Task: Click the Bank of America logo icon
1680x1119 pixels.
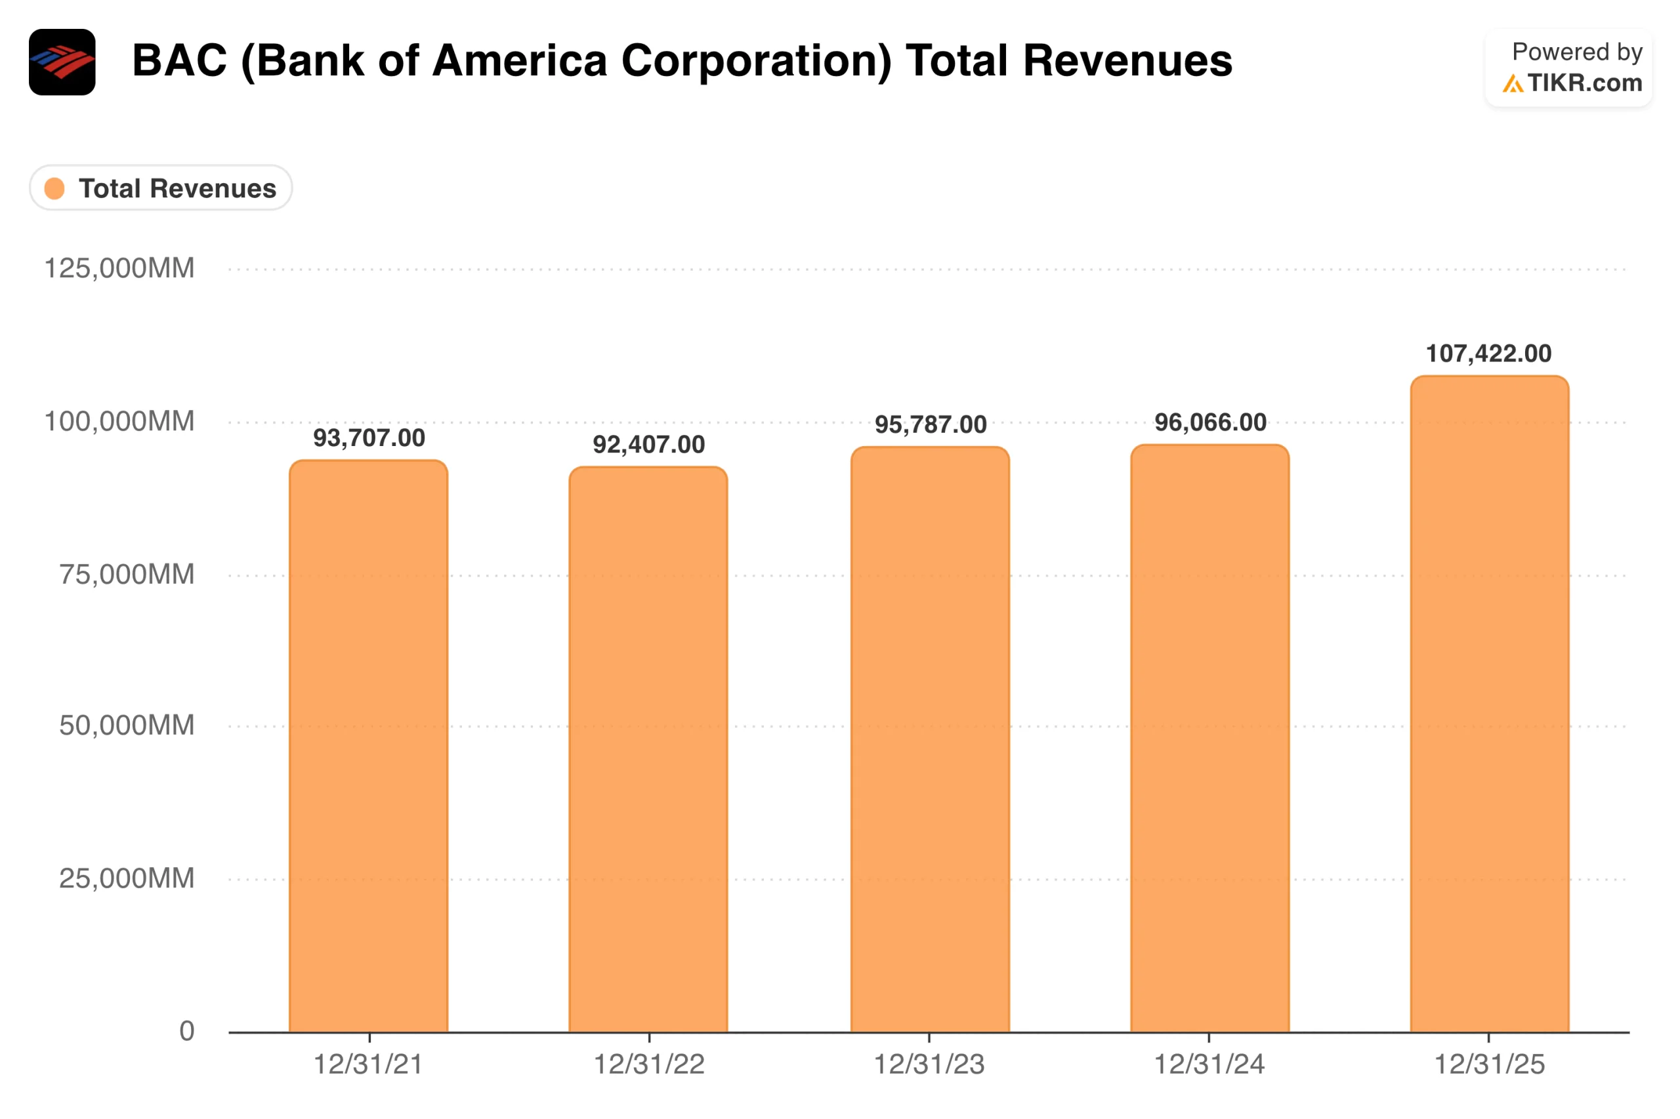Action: click(62, 62)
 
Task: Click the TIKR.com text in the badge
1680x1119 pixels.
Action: click(1584, 83)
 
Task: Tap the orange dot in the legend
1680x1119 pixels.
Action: click(54, 188)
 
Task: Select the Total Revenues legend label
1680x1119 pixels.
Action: click(177, 188)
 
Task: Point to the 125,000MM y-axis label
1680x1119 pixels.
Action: click(119, 268)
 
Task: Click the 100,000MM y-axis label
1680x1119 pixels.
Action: click(119, 421)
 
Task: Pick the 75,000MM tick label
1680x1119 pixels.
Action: click(127, 574)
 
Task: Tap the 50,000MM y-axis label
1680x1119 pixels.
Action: click(127, 725)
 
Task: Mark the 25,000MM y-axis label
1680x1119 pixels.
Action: click(127, 878)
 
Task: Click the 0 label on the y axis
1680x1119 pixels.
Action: click(186, 1030)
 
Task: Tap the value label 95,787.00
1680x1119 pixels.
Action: click(931, 424)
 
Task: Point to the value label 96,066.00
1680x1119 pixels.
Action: click(1210, 422)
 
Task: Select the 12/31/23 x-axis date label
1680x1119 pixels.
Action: click(929, 1064)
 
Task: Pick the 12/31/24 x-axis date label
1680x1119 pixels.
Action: click(1209, 1064)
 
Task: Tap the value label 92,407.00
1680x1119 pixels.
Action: click(648, 445)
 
